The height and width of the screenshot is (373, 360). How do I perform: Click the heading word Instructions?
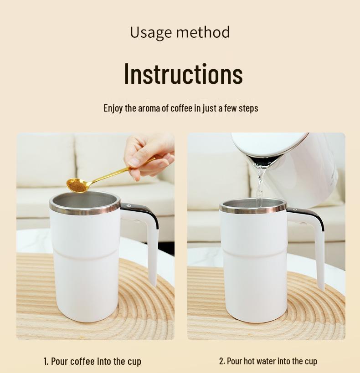183,74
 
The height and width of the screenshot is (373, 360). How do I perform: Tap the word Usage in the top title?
150,32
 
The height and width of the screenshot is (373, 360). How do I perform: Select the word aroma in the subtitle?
149,108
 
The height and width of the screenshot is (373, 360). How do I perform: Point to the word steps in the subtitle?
248,108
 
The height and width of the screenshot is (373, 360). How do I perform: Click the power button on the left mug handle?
129,206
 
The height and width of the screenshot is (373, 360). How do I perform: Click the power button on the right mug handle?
295,210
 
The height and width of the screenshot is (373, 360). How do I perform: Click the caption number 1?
46,362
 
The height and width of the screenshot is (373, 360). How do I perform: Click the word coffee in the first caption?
82,362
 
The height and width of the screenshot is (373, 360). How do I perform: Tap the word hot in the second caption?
249,362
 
